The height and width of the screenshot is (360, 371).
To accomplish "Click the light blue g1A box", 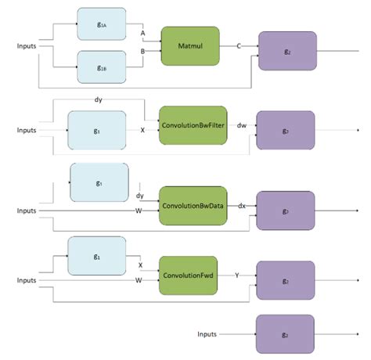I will coord(103,25).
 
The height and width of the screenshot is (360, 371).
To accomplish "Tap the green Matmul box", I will coord(190,46).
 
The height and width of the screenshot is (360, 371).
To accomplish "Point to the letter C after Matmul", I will coord(238,46).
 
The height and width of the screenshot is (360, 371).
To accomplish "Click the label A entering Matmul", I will coord(142,34).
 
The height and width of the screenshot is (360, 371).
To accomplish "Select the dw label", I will coord(242,125).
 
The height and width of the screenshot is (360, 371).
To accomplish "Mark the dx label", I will coord(242,206).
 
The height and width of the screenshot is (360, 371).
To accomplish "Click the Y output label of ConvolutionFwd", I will coord(237,275).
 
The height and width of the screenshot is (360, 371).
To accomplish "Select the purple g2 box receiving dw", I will coord(286,130).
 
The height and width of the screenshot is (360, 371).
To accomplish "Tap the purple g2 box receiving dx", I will coord(286,211).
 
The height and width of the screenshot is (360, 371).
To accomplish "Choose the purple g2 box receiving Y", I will coord(286,280).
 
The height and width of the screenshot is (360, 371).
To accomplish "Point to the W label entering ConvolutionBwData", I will coord(139,210).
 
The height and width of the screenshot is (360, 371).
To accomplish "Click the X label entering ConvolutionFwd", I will coord(139,265).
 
